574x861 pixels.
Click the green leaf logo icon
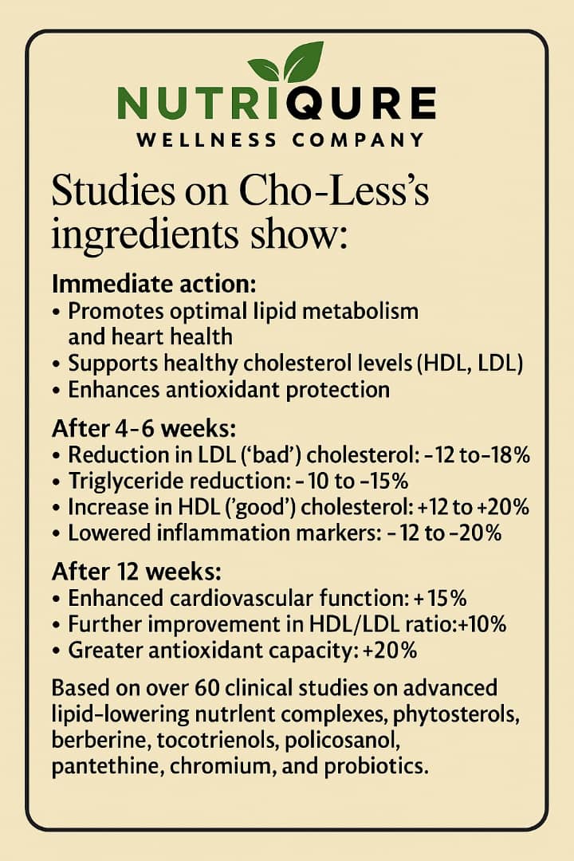[285, 64]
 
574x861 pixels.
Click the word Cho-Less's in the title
[320, 194]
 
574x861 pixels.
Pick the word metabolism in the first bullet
[356, 310]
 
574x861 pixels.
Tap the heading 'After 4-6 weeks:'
[143, 428]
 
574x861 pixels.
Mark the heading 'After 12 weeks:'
[137, 572]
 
